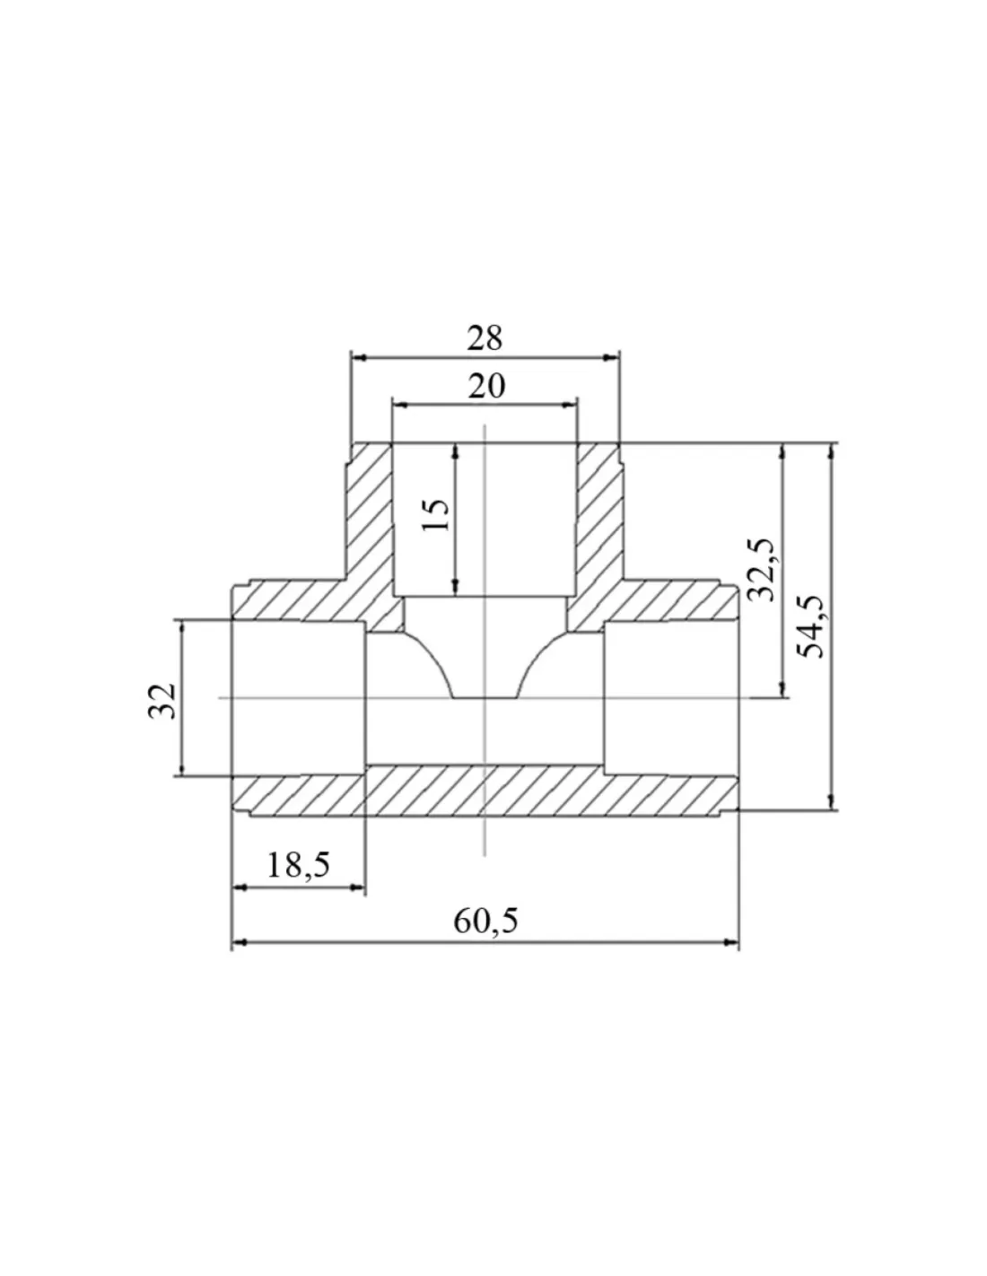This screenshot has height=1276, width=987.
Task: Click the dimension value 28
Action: tap(485, 339)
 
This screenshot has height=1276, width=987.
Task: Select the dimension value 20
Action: tap(486, 387)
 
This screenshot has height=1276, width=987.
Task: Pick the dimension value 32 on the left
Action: tap(162, 701)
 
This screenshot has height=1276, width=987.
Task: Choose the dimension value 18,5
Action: tap(298, 865)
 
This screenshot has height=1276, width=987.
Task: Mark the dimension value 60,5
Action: tap(485, 921)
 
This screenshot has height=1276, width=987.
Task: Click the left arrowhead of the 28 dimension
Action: tap(358, 358)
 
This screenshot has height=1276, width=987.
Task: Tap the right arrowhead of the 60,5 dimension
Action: tap(731, 942)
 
